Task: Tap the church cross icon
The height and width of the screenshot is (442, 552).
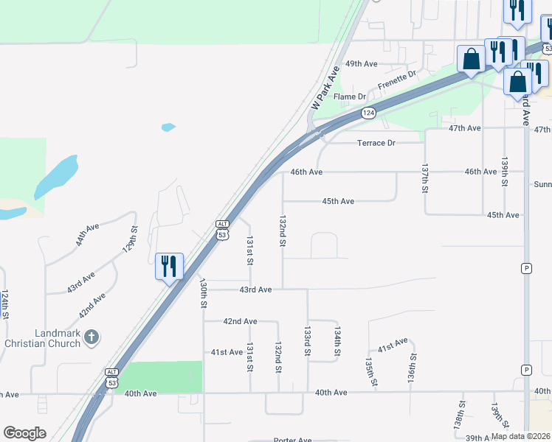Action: click(91, 337)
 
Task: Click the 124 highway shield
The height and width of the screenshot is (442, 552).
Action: click(369, 113)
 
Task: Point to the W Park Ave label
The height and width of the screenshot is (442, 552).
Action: click(325, 88)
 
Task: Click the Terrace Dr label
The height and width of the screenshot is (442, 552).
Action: click(376, 143)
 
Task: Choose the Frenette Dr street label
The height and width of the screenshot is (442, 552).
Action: click(397, 80)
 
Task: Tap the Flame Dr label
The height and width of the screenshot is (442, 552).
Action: click(350, 97)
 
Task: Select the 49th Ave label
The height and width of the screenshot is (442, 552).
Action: click(362, 63)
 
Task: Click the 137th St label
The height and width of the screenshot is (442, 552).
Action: click(425, 179)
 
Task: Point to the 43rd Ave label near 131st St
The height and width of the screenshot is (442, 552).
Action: click(255, 290)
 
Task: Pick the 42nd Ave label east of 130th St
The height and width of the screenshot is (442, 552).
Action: click(241, 321)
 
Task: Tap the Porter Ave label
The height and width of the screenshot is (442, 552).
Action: click(292, 441)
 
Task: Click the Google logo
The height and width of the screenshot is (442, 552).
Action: click(24, 433)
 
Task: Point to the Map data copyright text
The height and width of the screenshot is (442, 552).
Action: click(520, 436)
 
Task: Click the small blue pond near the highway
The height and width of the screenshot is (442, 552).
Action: click(168, 127)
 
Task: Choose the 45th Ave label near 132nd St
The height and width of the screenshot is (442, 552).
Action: click(338, 201)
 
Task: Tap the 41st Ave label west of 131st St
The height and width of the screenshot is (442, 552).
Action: click(227, 352)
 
